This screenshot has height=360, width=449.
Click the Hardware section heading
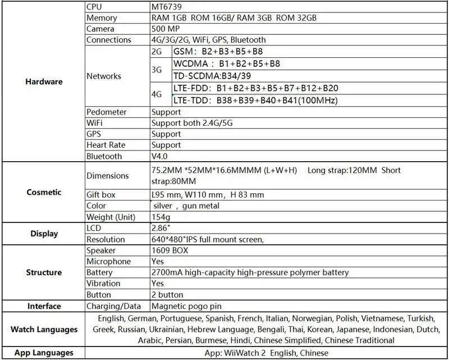(44, 81)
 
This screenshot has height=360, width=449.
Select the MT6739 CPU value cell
(167, 7)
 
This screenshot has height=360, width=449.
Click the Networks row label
(104, 76)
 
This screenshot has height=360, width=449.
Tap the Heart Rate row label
(106, 145)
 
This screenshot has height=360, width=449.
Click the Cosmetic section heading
(44, 192)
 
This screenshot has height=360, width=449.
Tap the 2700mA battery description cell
(250, 272)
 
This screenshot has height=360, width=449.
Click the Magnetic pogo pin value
(186, 306)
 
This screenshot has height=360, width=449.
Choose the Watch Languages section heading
(44, 329)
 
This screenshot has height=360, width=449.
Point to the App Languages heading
(44, 353)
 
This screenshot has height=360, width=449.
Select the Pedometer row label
(107, 112)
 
